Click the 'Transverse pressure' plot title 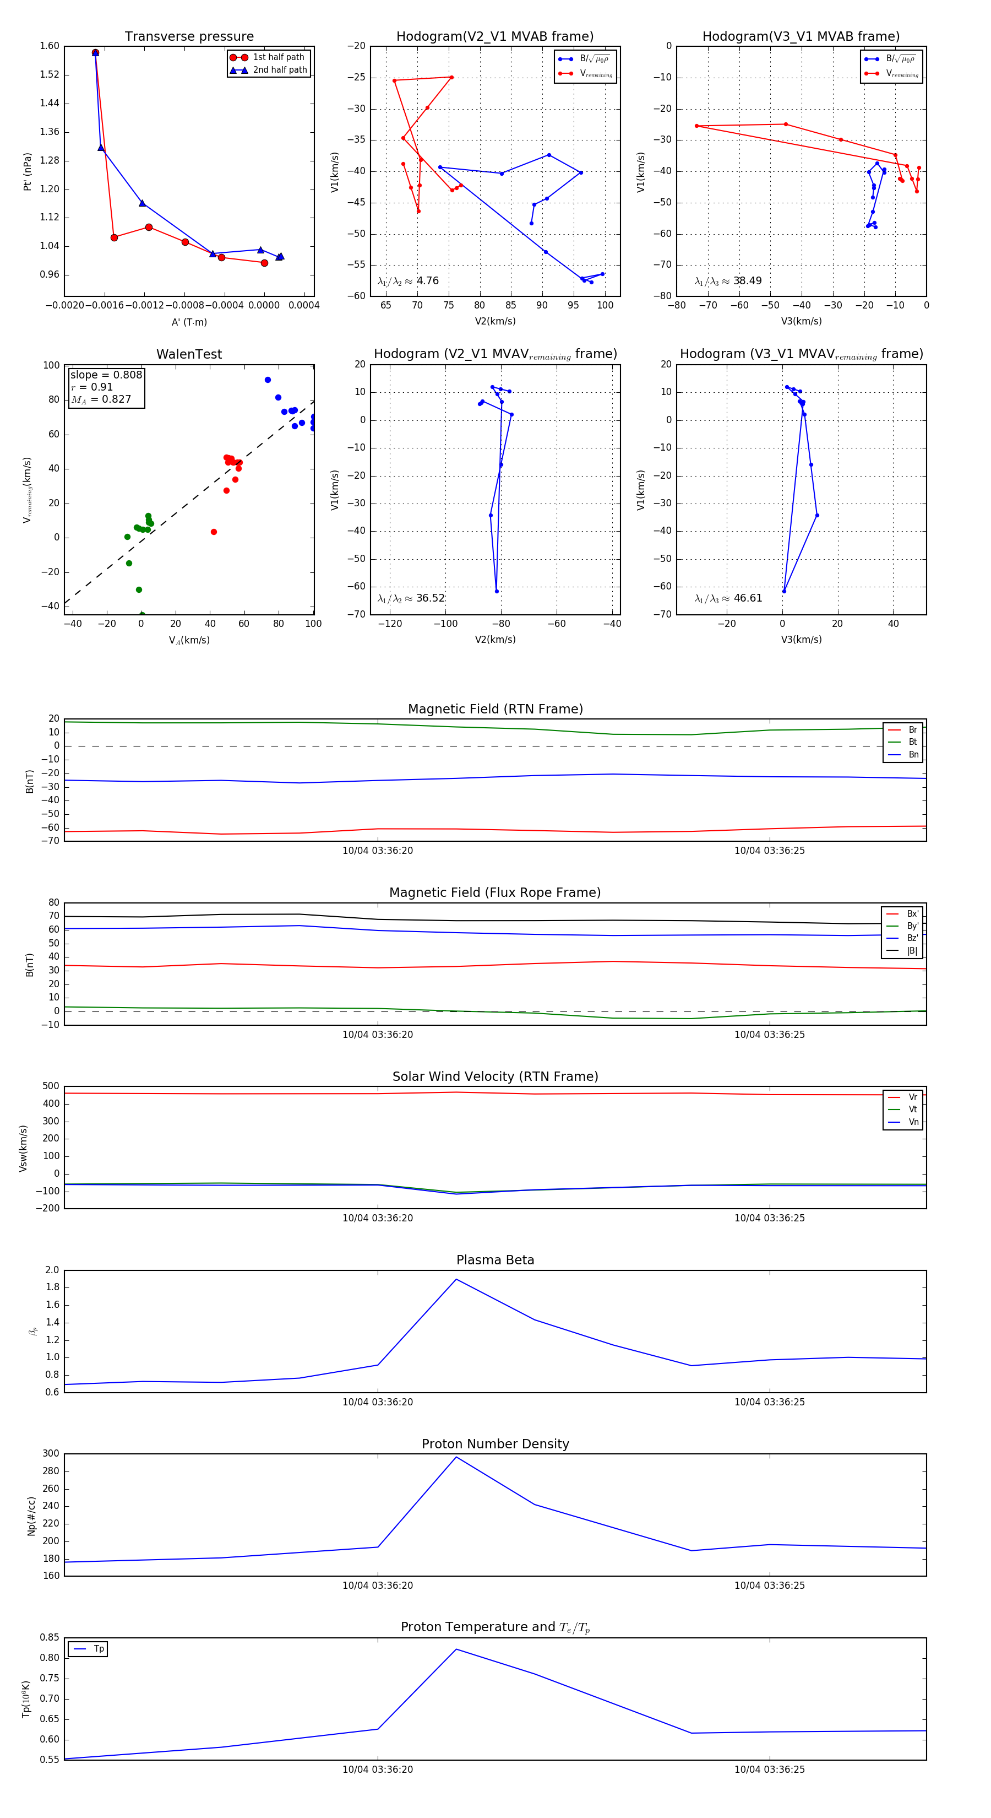click(189, 37)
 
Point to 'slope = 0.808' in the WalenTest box click(106, 375)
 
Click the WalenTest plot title click(189, 354)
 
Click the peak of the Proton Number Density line click(456, 1457)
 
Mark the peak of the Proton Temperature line click(456, 1649)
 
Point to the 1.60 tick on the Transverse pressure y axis click(50, 46)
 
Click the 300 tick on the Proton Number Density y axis click(51, 1454)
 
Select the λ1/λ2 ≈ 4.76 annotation click(407, 281)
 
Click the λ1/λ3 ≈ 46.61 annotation click(728, 598)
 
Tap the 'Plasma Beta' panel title click(495, 1260)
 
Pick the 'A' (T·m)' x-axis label click(189, 322)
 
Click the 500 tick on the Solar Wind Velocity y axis click(51, 1086)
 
